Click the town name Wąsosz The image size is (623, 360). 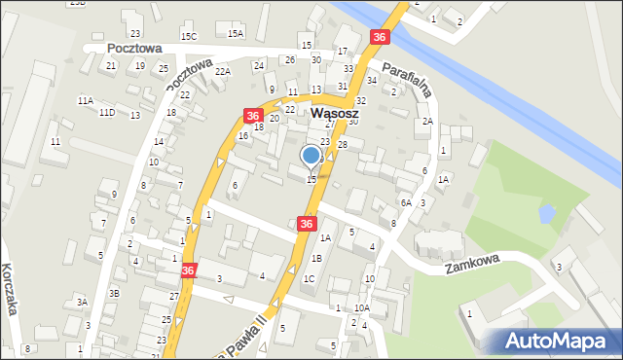click(340, 114)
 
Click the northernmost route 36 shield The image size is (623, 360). click(381, 37)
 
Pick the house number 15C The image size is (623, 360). click(188, 36)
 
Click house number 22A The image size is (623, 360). click(223, 71)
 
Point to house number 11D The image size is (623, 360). click(106, 112)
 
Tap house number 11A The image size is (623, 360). click(86, 100)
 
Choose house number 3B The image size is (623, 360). click(114, 293)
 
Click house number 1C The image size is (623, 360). click(309, 279)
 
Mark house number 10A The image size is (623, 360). click(361, 308)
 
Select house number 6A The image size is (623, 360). click(406, 202)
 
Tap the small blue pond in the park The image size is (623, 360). click(546, 211)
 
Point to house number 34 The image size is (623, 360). click(371, 80)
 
